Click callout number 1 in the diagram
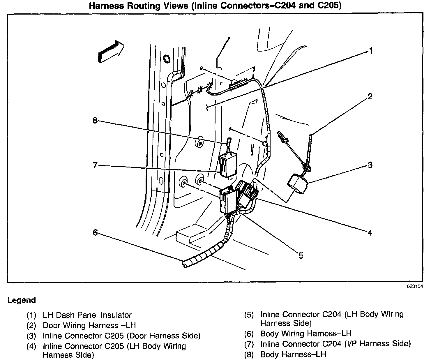click(370, 52)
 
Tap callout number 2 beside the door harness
click(370, 96)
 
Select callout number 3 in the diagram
click(370, 165)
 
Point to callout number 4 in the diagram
click(370, 233)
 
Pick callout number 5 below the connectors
click(301, 256)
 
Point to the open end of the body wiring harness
click(185, 264)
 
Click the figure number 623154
click(415, 287)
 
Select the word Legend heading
click(22, 300)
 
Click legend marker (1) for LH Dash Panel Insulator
click(31, 315)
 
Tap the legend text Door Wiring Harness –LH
click(89, 325)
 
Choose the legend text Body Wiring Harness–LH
click(306, 333)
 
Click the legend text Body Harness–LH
click(293, 354)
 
